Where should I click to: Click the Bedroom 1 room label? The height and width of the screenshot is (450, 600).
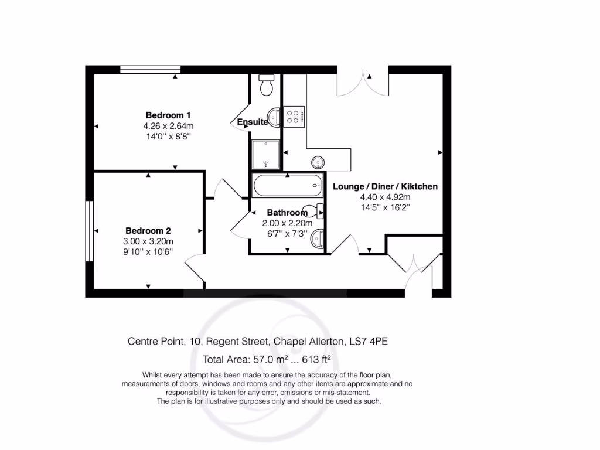[x=168, y=115]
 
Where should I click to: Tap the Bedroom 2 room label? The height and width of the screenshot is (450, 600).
[x=148, y=231]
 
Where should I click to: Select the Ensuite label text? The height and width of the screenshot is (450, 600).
[x=253, y=122]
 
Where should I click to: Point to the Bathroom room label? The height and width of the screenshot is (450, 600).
[x=287, y=213]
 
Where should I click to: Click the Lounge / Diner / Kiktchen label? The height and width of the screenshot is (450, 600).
[x=385, y=187]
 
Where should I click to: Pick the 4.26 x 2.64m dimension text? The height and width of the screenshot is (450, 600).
[x=168, y=125]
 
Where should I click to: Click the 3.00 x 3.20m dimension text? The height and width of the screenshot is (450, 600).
[x=148, y=241]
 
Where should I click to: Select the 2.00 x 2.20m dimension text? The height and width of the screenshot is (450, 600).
[x=287, y=223]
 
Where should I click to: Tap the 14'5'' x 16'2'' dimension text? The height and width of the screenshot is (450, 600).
[x=385, y=207]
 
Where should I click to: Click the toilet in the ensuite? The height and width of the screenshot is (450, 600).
[x=267, y=84]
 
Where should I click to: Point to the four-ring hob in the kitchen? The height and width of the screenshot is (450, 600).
[x=294, y=116]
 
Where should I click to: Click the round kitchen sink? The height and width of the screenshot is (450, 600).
[x=318, y=161]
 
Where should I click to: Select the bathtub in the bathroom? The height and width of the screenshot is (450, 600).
[x=287, y=186]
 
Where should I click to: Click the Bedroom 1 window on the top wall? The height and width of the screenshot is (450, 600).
[x=150, y=70]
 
